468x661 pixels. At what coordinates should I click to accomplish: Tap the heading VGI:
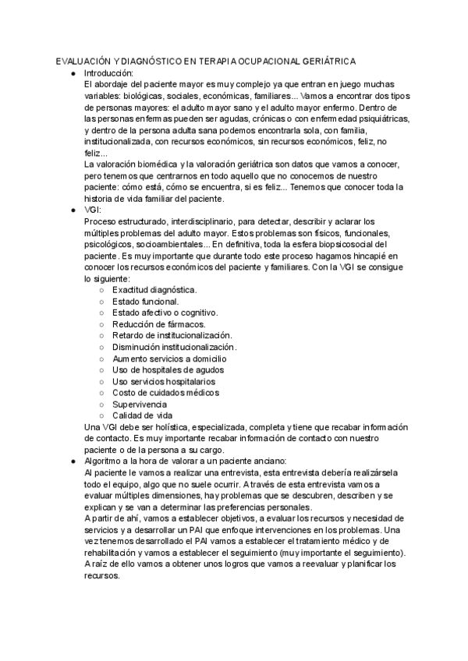click(x=93, y=210)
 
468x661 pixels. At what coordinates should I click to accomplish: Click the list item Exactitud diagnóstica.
click(x=154, y=290)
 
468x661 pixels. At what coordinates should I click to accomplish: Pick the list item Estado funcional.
click(x=146, y=302)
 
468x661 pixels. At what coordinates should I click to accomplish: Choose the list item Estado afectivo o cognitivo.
click(x=165, y=313)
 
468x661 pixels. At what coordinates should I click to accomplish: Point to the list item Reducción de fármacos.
click(x=159, y=324)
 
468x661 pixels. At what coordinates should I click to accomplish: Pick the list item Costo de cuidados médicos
click(x=165, y=393)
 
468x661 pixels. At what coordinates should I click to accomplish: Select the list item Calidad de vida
click(x=143, y=415)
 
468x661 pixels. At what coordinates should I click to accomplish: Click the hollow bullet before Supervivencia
click(x=102, y=405)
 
